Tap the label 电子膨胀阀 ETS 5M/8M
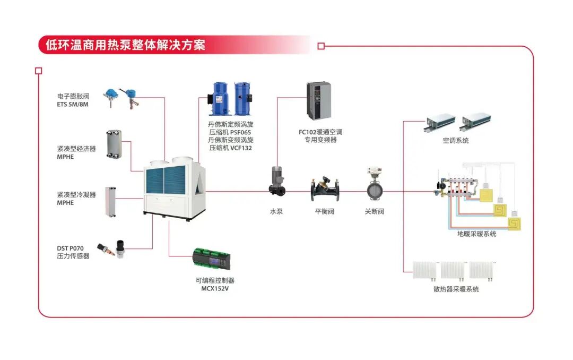pyautogui.click(x=74, y=100)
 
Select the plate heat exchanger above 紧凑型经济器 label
pyautogui.click(x=112, y=143)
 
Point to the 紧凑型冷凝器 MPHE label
pyautogui.click(x=76, y=199)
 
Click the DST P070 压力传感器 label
pyautogui.click(x=73, y=252)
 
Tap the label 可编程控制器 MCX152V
pyautogui.click(x=214, y=284)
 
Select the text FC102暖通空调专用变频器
pyautogui.click(x=320, y=135)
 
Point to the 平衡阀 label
pyautogui.click(x=325, y=211)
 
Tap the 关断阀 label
pyautogui.click(x=374, y=211)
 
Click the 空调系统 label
pyautogui.click(x=456, y=141)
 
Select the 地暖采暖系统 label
pyautogui.click(x=477, y=234)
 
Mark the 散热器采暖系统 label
pyautogui.click(x=456, y=289)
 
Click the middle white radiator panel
pyautogui.click(x=453, y=271)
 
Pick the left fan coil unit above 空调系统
pyautogui.click(x=440, y=122)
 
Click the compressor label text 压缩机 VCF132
pyautogui.click(x=231, y=148)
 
